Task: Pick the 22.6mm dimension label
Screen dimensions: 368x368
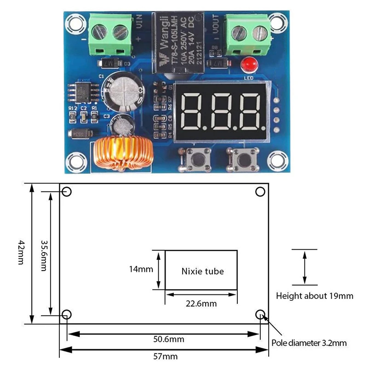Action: [x=201, y=304]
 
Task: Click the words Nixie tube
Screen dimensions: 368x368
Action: [x=202, y=271]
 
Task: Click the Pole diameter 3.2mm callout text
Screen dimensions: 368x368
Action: [x=309, y=343]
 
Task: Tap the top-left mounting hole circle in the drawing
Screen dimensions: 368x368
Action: [x=67, y=192]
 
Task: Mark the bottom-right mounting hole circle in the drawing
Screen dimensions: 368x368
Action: [x=261, y=315]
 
